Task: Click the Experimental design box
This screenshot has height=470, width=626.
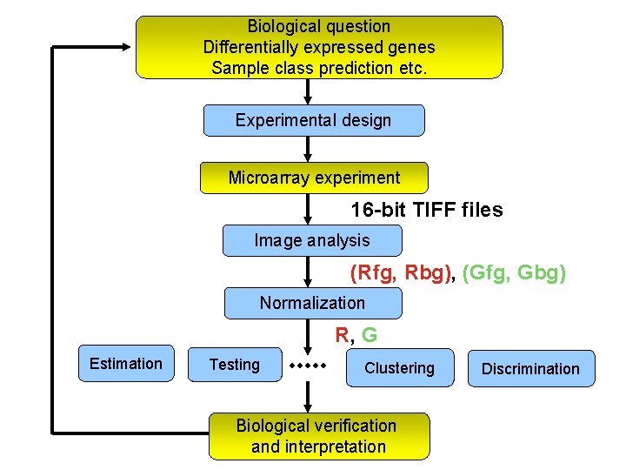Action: tap(314, 121)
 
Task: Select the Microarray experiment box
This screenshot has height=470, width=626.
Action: tap(314, 178)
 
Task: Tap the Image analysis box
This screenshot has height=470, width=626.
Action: tap(312, 240)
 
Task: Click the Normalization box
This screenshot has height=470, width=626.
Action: tap(313, 303)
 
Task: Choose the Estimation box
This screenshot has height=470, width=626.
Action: tap(126, 364)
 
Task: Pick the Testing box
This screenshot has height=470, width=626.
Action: tap(235, 365)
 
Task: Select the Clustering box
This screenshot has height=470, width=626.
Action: tap(400, 368)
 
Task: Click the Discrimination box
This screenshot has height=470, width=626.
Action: tap(530, 368)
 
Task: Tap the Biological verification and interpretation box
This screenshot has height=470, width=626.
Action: tap(318, 436)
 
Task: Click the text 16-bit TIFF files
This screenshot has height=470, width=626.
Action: tap(426, 210)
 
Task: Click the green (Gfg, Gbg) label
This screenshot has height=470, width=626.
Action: tap(515, 273)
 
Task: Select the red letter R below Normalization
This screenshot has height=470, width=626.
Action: tap(343, 334)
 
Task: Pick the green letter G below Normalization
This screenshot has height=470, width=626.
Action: tap(370, 334)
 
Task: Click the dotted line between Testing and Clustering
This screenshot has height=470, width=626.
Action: tap(307, 366)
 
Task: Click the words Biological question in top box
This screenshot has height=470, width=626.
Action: tap(319, 27)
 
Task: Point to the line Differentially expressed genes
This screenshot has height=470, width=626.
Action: tap(319, 47)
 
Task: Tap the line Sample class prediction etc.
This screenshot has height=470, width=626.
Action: tap(319, 67)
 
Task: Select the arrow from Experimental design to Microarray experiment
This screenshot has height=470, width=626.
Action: tap(307, 150)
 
